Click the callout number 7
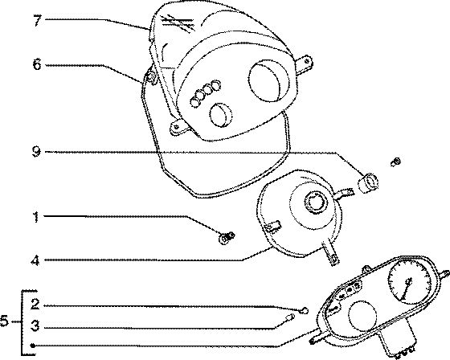[37, 21]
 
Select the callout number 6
[37, 64]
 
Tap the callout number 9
[36, 152]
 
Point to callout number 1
[35, 217]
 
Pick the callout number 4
[35, 260]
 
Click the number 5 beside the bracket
[5, 321]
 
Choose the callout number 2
[35, 304]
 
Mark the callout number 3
[35, 326]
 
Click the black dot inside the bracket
[33, 346]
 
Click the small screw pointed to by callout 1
[227, 238]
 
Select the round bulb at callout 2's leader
[305, 310]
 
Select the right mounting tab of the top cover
[305, 64]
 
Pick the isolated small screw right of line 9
[395, 162]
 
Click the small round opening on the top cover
[222, 115]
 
